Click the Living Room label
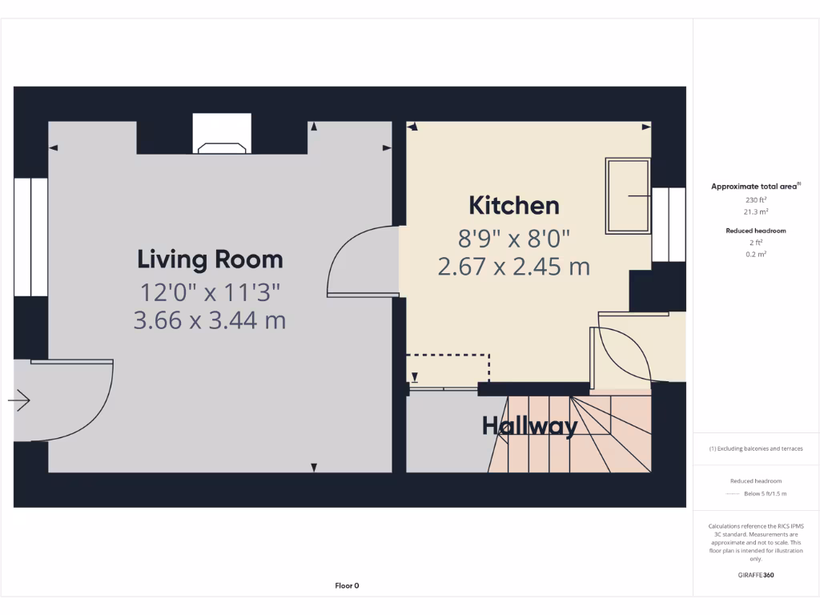(x=210, y=259)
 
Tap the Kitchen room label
(x=513, y=206)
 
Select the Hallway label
(x=529, y=426)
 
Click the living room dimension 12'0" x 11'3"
(x=210, y=291)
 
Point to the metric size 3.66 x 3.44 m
(x=210, y=320)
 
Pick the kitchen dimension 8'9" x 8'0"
(x=513, y=238)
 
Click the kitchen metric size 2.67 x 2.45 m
(x=513, y=266)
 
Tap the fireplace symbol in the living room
(x=222, y=147)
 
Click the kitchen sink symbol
(x=628, y=195)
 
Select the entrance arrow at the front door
(x=19, y=400)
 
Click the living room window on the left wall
(x=30, y=237)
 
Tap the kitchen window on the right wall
(x=668, y=225)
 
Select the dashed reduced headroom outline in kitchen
(x=448, y=356)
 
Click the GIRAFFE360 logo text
(x=756, y=575)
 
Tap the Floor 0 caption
(x=347, y=585)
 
